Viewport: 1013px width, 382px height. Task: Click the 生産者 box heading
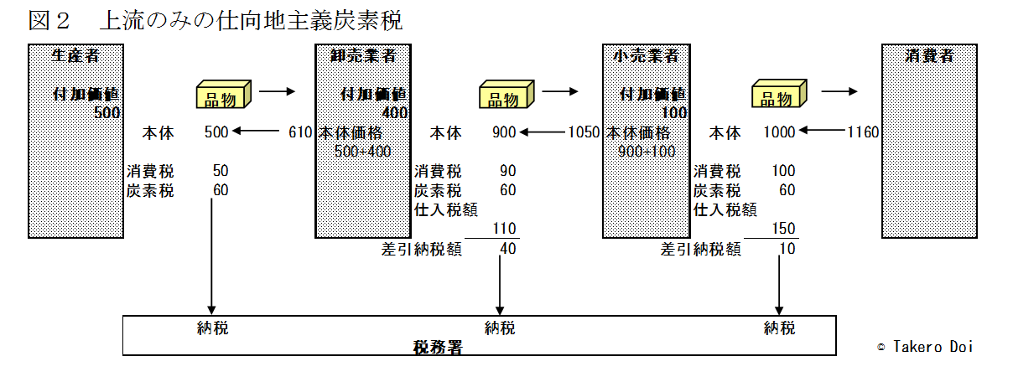tap(75, 55)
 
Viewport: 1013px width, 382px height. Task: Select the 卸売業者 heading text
tap(363, 55)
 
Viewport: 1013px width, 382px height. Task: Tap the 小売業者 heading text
tap(646, 55)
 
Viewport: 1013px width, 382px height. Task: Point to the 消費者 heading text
tap(929, 55)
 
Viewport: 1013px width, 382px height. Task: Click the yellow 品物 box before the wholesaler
tap(223, 94)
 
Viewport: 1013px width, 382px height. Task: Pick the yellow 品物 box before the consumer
tap(779, 94)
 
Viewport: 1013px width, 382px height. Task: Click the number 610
tap(300, 132)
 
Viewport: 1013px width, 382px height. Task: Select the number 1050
tap(584, 132)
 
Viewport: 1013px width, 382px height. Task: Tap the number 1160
tap(863, 132)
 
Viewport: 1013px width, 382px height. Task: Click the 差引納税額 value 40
tap(508, 249)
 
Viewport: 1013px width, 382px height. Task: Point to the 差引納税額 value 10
tap(787, 249)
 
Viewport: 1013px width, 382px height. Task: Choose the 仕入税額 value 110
tap(504, 229)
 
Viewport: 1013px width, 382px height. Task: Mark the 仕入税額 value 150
tap(783, 229)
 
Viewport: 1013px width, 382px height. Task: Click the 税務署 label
tap(438, 347)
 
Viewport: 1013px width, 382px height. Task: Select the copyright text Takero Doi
tap(933, 347)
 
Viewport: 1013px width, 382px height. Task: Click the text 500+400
tap(363, 152)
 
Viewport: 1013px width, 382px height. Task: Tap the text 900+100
tap(647, 152)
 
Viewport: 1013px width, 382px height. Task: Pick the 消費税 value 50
tap(221, 171)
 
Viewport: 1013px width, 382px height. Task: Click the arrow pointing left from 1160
tap(822, 131)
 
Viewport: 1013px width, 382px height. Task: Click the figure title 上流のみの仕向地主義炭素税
tap(251, 21)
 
